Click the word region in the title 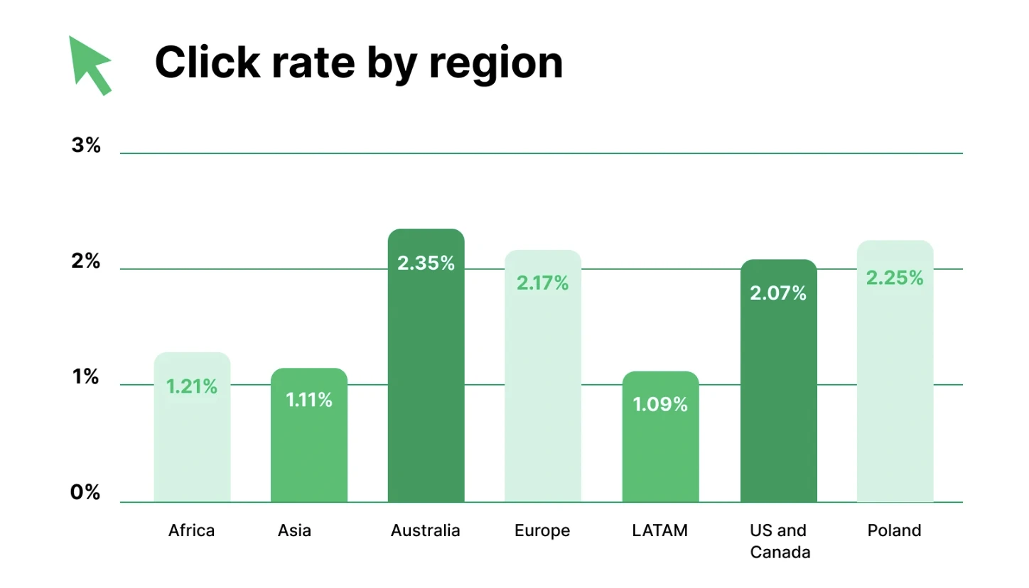click(496, 64)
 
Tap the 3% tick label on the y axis click(86, 146)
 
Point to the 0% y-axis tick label click(85, 492)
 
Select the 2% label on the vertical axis click(86, 261)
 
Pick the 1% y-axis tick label click(86, 377)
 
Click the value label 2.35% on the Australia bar click(426, 263)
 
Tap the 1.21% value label click(192, 387)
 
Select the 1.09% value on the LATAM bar click(660, 405)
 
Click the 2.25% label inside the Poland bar click(895, 278)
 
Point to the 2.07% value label click(778, 293)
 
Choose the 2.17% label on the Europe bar click(543, 283)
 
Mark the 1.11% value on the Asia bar click(309, 401)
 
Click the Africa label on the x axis click(192, 530)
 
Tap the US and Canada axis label click(780, 541)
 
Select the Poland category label click(894, 530)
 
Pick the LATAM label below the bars click(660, 530)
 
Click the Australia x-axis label click(426, 530)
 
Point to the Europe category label click(543, 530)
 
